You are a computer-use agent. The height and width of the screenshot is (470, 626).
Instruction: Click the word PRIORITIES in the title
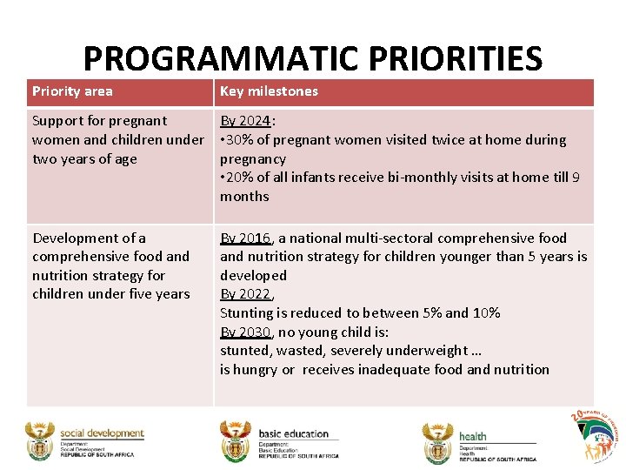tap(456, 59)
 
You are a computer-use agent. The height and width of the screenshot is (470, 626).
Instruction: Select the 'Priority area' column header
tap(72, 91)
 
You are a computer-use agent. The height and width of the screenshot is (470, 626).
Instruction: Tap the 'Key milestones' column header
tap(269, 91)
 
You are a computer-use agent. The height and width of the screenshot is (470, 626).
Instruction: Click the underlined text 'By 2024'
tap(245, 121)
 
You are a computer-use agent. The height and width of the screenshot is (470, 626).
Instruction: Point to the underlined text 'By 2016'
tap(245, 238)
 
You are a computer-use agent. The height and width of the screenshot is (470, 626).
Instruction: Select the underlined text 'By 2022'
tap(245, 294)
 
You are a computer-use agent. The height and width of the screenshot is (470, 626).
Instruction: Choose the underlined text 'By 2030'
tap(245, 332)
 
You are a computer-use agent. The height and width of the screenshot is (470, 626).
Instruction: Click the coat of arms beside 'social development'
tap(39, 441)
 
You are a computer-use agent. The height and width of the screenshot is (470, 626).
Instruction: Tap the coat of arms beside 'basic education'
tap(236, 441)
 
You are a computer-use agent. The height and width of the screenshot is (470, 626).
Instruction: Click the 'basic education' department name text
tap(294, 433)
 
